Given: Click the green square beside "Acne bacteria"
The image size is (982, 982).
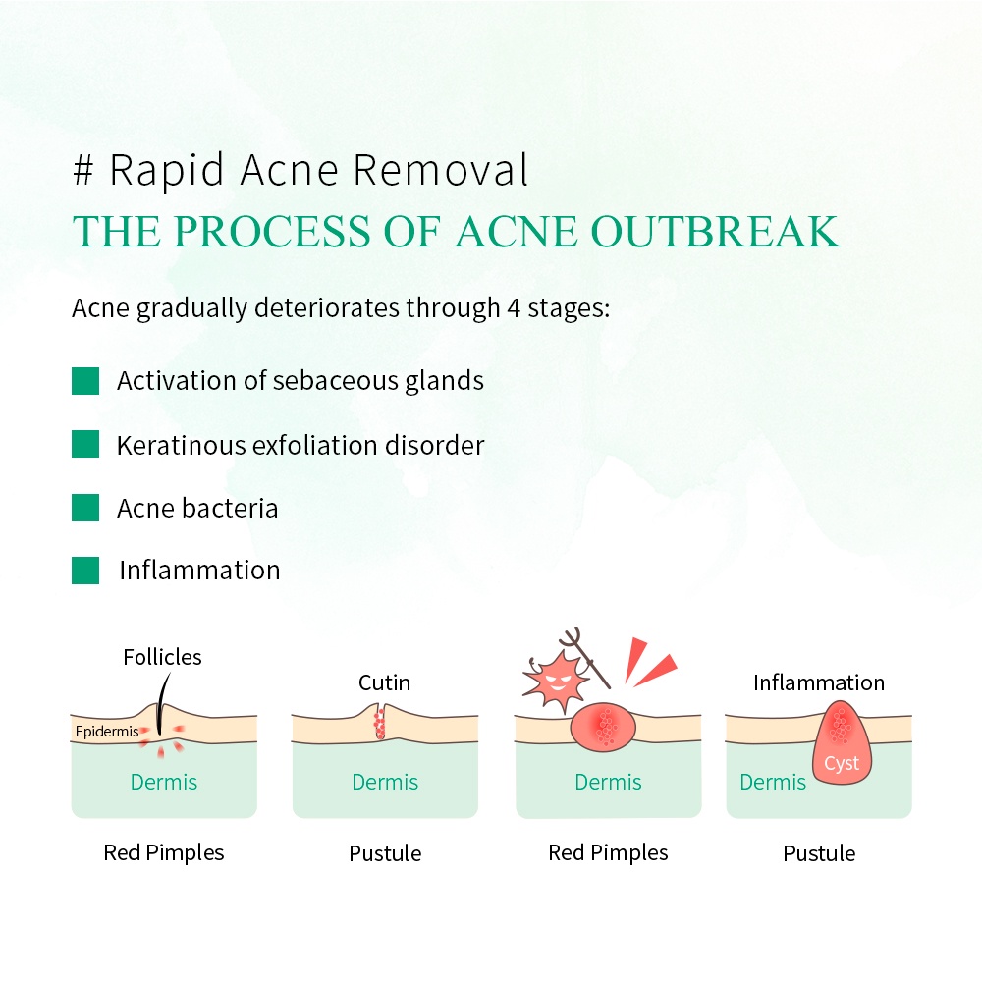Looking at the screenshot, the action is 85,508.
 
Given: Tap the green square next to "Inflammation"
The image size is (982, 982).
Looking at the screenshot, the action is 85,570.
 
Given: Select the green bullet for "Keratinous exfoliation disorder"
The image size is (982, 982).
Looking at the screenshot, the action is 85,444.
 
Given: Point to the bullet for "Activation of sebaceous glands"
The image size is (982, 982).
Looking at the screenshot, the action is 85,381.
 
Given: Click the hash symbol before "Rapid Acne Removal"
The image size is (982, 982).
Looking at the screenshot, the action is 83,170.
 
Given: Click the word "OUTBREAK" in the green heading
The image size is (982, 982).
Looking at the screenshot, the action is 714,232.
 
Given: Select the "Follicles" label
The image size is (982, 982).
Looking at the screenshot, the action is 162,657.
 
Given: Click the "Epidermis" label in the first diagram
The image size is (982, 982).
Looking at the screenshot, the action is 107,732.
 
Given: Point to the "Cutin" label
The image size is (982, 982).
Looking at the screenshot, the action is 385,682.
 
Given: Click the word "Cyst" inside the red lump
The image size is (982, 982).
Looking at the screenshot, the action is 842,763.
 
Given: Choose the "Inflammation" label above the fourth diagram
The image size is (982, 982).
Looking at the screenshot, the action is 819,682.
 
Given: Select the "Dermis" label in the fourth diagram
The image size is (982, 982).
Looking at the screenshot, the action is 773,783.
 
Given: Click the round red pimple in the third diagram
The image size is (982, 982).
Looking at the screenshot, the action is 603,727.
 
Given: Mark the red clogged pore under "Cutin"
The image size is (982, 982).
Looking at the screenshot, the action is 379,724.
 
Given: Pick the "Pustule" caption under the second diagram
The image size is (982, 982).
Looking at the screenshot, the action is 385,853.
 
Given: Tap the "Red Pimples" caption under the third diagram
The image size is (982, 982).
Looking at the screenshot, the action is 608,853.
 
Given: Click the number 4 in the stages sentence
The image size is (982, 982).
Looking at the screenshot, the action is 514,308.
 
